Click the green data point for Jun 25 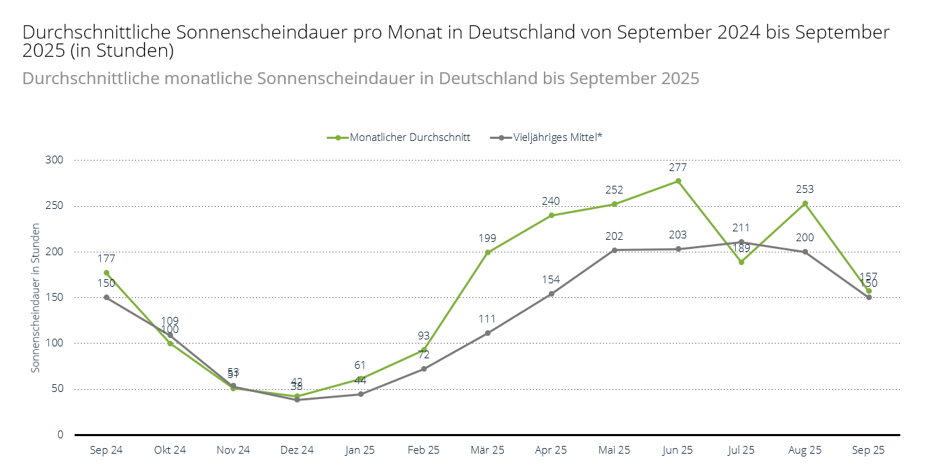coord(678,181)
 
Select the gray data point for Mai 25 coord(615,250)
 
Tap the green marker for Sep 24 coord(107,273)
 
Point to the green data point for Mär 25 coord(488,252)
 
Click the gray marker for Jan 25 coord(361,394)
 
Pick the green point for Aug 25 coord(805,203)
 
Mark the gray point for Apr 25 coord(552,294)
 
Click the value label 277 coord(678,168)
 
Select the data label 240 coord(551,201)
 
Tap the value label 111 coord(487,318)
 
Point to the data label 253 coord(805,189)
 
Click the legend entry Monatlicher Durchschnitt coord(410,137)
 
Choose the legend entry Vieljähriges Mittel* coord(558,137)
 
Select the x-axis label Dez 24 coord(297,450)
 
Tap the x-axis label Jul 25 coord(741,450)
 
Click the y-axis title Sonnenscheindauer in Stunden coord(36,297)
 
